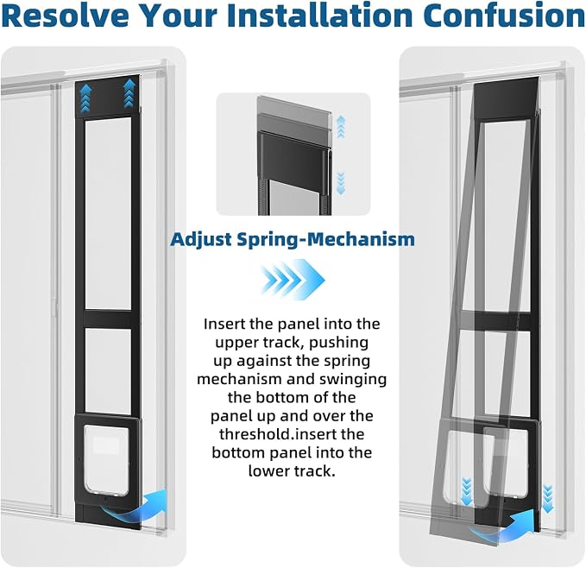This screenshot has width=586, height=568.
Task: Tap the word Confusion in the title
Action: [x=505, y=15]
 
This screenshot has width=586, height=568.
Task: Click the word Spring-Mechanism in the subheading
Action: [x=326, y=239]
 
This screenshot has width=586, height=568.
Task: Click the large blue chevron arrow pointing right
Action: [x=293, y=280]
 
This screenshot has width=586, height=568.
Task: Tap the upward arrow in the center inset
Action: [x=340, y=127]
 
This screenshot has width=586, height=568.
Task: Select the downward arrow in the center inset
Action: [x=340, y=183]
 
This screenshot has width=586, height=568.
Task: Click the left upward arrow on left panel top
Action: [x=85, y=98]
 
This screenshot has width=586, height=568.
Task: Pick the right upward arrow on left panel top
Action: [x=129, y=93]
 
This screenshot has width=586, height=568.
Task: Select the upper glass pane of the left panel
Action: [x=108, y=214]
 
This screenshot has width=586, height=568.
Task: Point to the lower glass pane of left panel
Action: [x=108, y=370]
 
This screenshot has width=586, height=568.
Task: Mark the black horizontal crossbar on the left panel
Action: [x=108, y=319]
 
